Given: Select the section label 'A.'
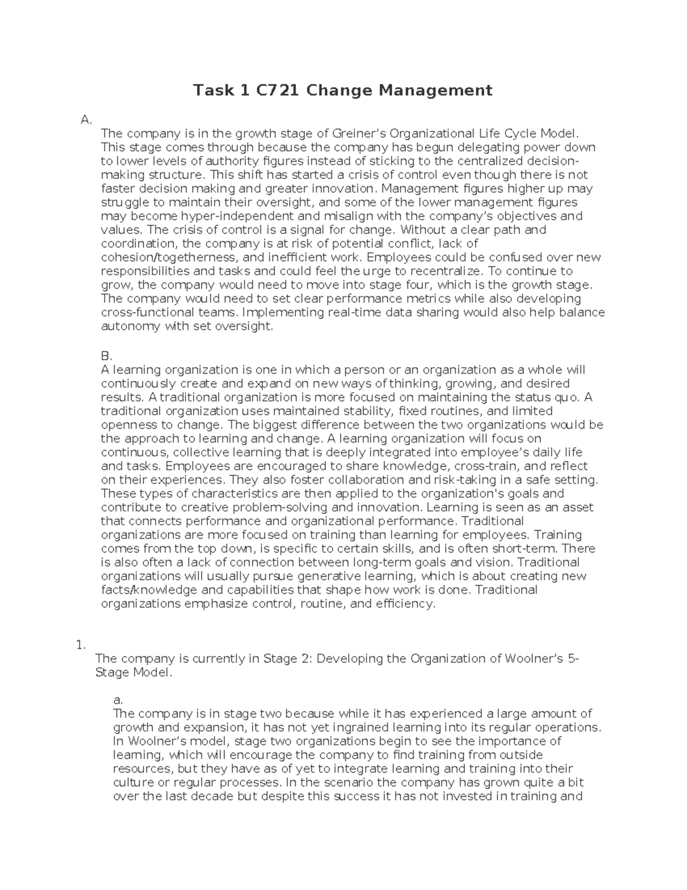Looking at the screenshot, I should [86, 120].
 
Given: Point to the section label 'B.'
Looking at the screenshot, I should [106, 356].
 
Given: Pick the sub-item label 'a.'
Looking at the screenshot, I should [119, 700].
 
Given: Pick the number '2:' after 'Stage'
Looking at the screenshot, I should [305, 658].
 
